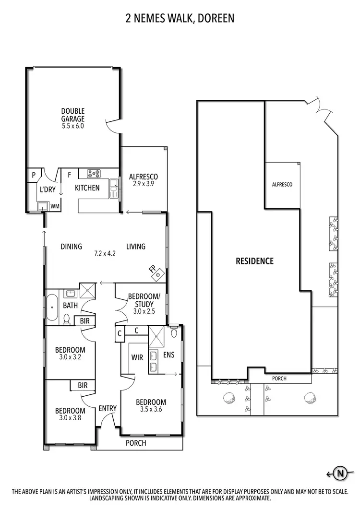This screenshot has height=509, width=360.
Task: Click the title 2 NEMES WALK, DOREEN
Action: click(180, 19)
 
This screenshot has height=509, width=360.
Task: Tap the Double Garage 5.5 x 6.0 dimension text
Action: click(73, 126)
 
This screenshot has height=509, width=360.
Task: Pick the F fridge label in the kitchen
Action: click(69, 175)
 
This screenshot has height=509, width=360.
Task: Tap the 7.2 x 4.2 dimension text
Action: click(105, 253)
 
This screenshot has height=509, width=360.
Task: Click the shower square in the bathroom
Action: click(87, 291)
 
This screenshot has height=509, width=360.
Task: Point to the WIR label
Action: click(137, 357)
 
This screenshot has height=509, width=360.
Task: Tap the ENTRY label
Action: click(108, 408)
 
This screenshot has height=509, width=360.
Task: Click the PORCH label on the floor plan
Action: click(136, 443)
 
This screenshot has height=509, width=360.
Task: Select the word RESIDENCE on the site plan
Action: click(254, 261)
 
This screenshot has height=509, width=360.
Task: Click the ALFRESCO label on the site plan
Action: click(282, 184)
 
